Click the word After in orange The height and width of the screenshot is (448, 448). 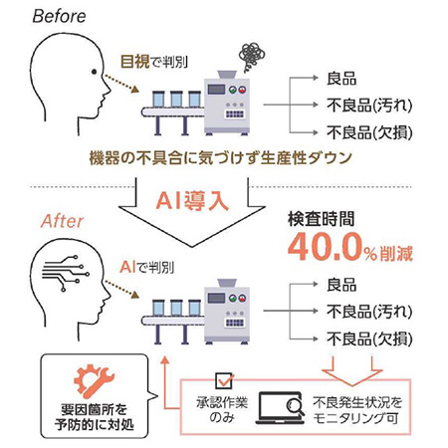(61, 222)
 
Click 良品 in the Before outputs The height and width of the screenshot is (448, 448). (344, 79)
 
